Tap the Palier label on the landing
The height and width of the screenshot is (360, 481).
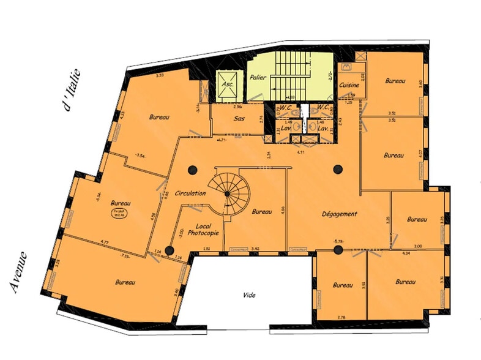tap(256, 77)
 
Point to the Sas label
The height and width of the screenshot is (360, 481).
tap(240, 119)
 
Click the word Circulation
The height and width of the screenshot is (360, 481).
tap(190, 193)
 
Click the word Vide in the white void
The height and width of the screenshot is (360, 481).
tap(249, 295)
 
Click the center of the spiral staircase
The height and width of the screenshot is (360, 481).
tap(227, 193)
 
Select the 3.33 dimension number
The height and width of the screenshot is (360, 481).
tap(161, 75)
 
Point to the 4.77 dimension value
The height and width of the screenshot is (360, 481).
tap(105, 242)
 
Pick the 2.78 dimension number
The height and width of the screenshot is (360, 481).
tap(341, 317)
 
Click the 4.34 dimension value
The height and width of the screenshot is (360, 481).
tap(405, 252)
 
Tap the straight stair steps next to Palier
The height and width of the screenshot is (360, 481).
tap(291, 74)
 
